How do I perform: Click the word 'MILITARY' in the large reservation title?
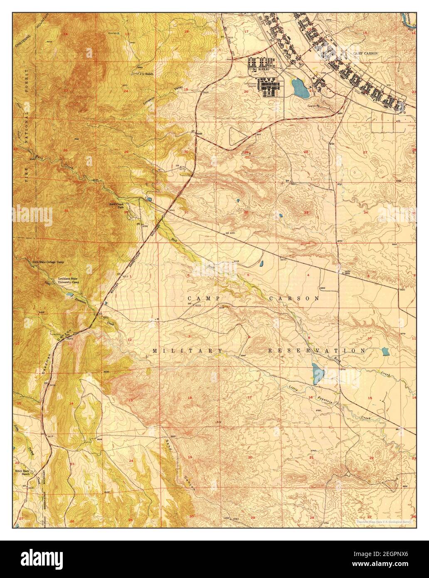(187, 351)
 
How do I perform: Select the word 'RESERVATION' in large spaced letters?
(316, 351)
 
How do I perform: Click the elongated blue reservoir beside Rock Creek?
(318, 373)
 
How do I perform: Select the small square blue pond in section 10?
(385, 352)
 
